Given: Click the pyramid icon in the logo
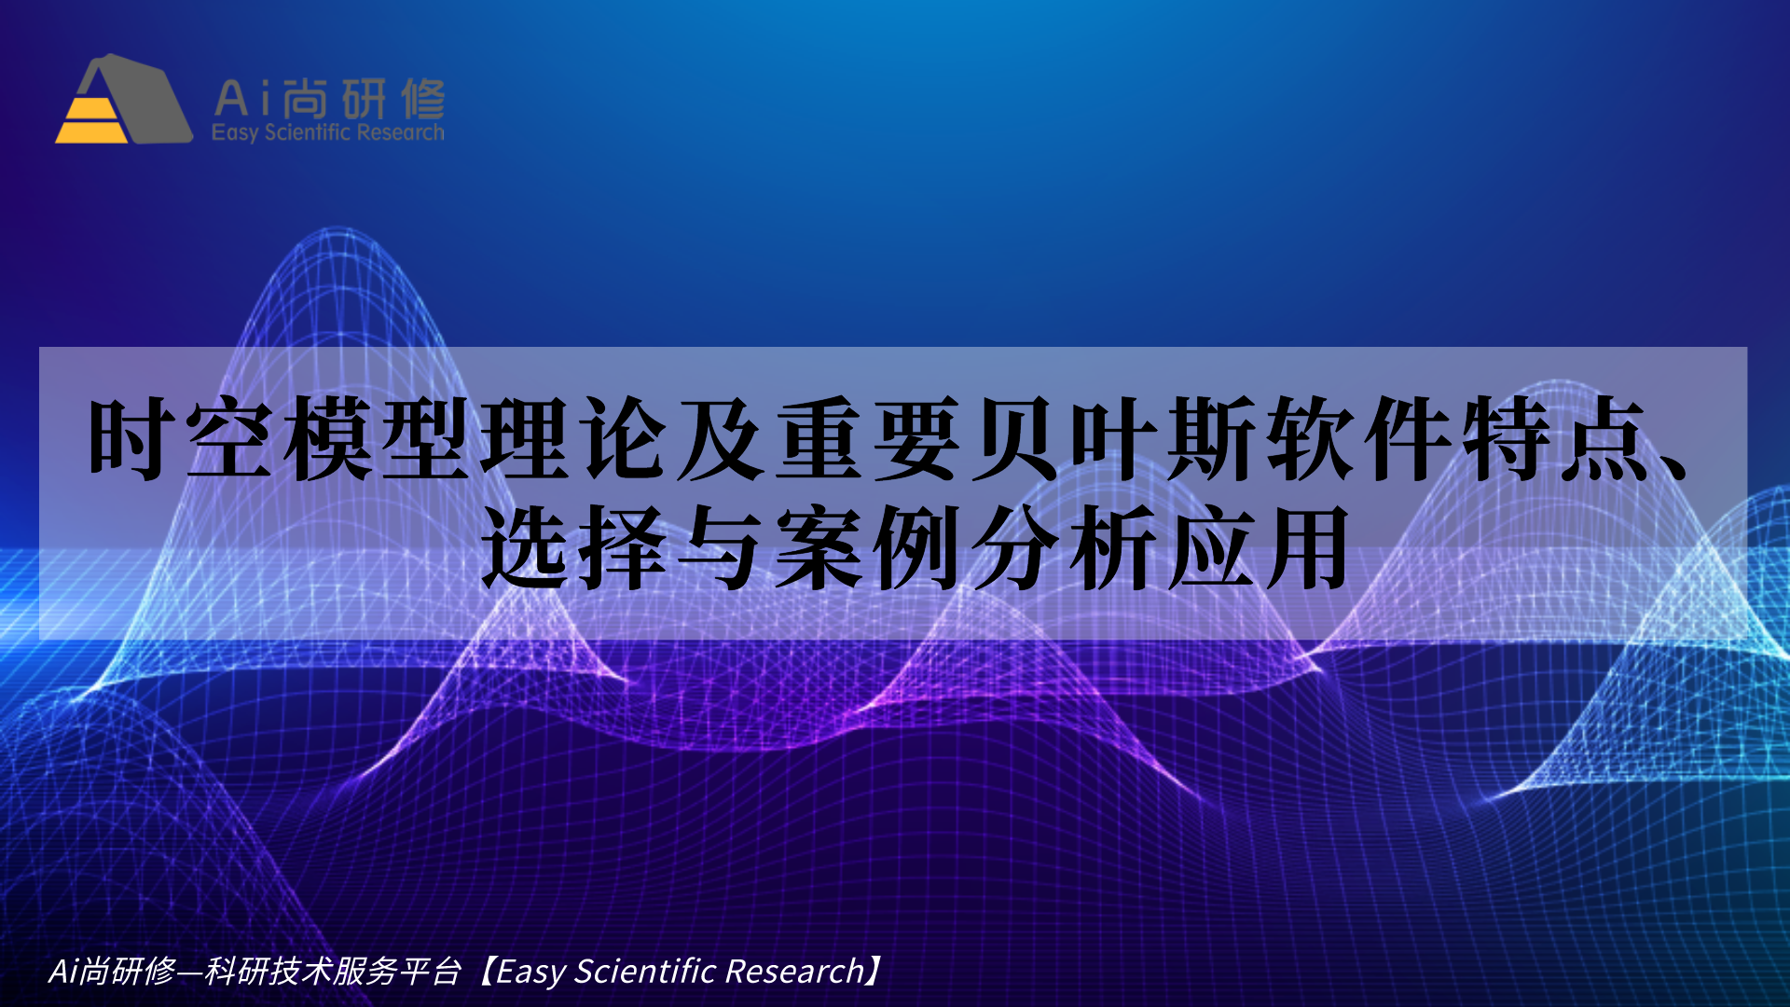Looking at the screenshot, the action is [123, 99].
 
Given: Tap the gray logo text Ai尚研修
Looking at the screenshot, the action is [329, 98].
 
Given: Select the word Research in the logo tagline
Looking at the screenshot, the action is [400, 132].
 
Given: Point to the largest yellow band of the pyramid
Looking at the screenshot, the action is [91, 132].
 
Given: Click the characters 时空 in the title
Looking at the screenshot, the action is [181, 438].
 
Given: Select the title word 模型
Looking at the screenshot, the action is [377, 438].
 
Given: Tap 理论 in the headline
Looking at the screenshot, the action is [572, 438].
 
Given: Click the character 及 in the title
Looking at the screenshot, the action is [718, 438].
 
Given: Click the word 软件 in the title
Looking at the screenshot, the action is [1356, 438].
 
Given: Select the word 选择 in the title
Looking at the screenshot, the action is [573, 548].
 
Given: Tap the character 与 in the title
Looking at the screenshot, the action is [720, 548].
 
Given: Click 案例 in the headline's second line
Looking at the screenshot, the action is [867, 548].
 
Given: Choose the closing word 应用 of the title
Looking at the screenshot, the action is [1259, 548].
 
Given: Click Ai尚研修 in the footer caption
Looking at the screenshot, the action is [112, 972].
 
